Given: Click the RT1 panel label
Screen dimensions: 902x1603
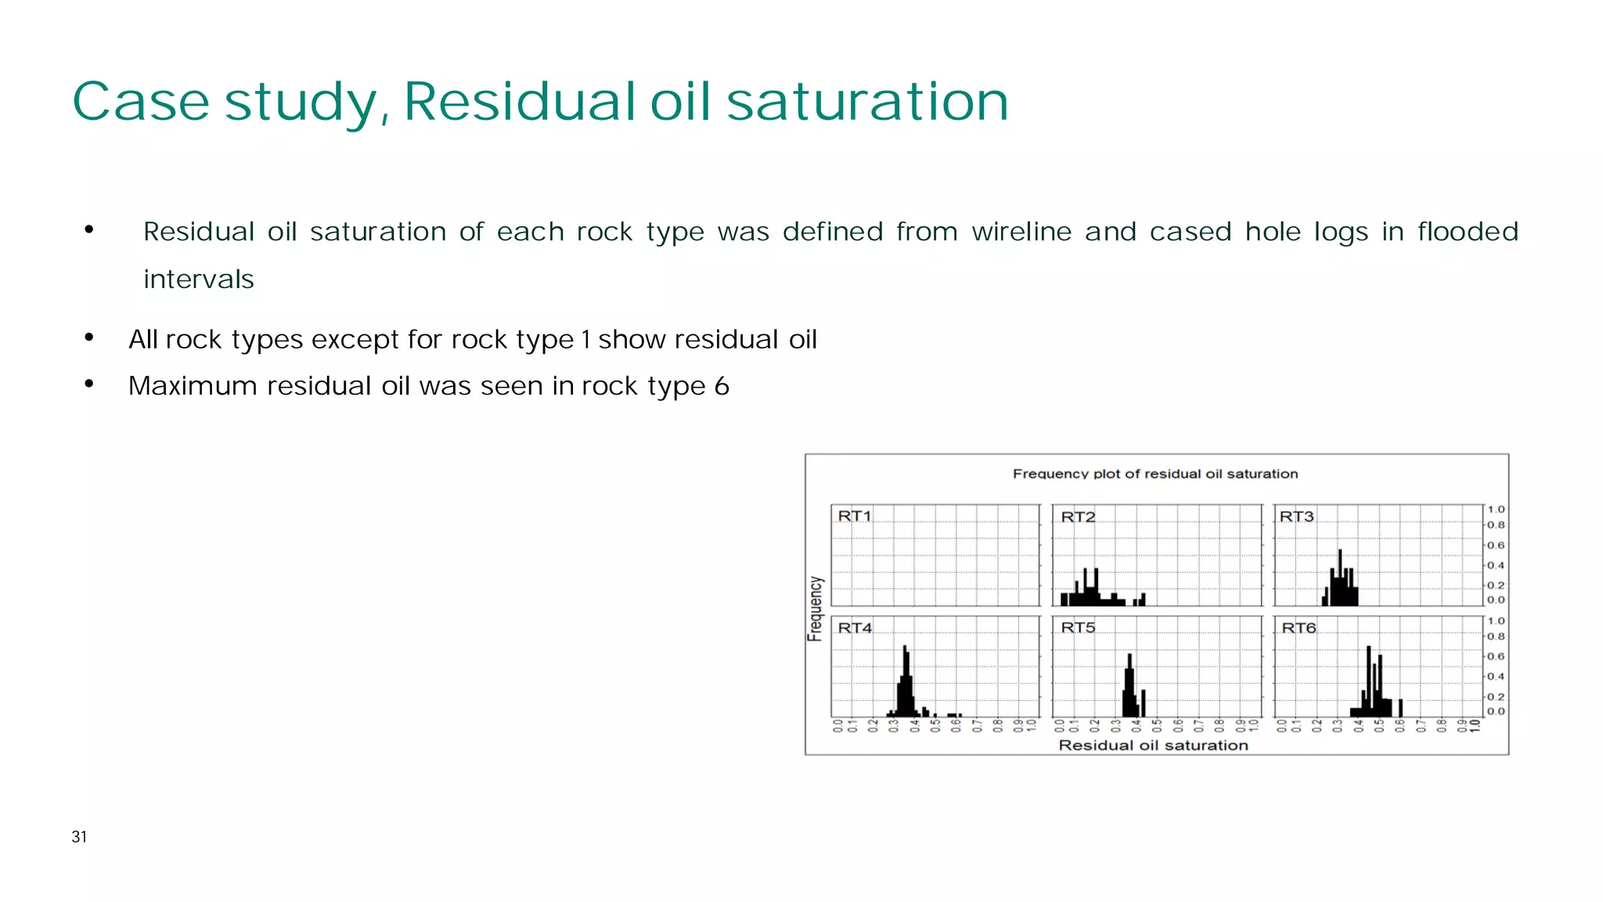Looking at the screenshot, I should [x=854, y=516].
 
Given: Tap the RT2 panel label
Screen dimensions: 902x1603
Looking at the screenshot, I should [x=1078, y=517].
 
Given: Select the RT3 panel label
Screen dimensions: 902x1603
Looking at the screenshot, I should [x=1296, y=517].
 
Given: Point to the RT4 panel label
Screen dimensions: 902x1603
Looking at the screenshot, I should [x=855, y=628].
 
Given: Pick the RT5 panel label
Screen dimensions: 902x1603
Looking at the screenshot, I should [x=1078, y=628].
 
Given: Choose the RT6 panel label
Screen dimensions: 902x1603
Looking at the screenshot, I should [x=1299, y=628].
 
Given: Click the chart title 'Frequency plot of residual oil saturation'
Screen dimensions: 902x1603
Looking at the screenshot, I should [x=1155, y=474].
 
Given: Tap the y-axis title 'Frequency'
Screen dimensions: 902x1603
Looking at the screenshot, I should [x=816, y=608].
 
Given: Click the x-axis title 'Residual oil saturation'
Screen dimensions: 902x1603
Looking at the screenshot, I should [x=1153, y=745].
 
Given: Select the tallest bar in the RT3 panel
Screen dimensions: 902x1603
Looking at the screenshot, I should [x=1340, y=578].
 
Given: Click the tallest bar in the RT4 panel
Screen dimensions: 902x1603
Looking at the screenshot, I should [x=905, y=680].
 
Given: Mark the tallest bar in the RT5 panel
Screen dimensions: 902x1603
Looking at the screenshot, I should [x=1129, y=684].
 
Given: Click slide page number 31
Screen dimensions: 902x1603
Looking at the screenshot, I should [x=79, y=837].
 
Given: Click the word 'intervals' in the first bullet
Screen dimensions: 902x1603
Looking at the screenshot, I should [x=199, y=280].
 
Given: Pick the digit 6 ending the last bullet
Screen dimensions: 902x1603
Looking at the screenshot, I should [x=722, y=386].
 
